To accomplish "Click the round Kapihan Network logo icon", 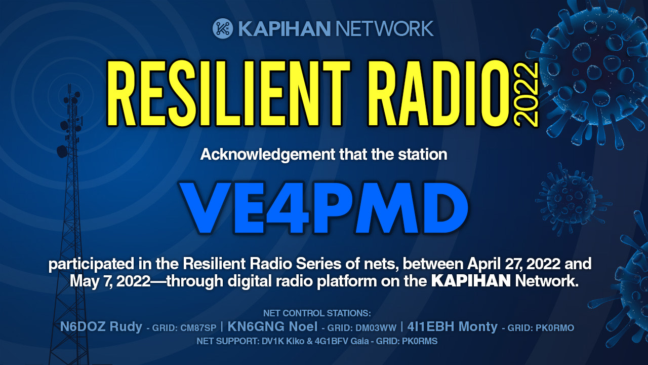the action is tap(223, 28).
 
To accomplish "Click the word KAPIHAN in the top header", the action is tap(284, 29).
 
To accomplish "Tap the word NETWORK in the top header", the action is tap(384, 29).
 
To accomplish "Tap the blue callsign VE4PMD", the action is tap(323, 208).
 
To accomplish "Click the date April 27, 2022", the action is tap(513, 264).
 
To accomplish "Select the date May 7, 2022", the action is tap(110, 281).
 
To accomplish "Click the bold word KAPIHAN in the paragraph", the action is tap(471, 281).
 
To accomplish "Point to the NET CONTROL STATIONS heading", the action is tap(317, 313).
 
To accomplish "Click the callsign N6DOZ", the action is tap(83, 327).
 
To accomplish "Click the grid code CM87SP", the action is tap(198, 328).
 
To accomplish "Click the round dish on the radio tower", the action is tap(62, 152).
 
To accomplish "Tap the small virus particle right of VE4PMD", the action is tap(569, 200).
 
